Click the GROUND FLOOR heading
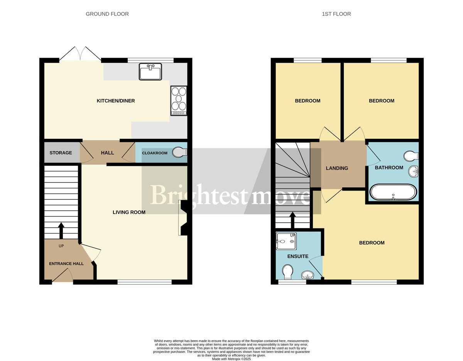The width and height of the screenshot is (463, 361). click(107, 14)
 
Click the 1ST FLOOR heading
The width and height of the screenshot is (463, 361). click(336, 14)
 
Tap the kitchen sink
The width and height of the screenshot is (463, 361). click(150, 72)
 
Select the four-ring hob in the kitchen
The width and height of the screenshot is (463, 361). click(179, 100)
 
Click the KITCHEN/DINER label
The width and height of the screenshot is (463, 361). click(115, 101)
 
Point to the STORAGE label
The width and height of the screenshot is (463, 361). click(61, 153)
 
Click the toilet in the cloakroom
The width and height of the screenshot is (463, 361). click(179, 153)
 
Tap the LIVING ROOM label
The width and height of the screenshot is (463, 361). click(129, 212)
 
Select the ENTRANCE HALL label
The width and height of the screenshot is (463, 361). click(66, 264)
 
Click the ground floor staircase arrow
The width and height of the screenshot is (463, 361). click(61, 230)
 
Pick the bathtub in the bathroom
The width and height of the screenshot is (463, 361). click(393, 192)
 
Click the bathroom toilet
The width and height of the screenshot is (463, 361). click(411, 156)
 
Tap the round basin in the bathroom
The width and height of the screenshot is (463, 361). click(413, 171)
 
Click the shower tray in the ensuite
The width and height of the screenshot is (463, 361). click(286, 241)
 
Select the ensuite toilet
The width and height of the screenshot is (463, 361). click(287, 272)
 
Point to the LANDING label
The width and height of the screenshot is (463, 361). click(337, 168)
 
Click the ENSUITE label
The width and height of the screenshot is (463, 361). click(298, 256)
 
